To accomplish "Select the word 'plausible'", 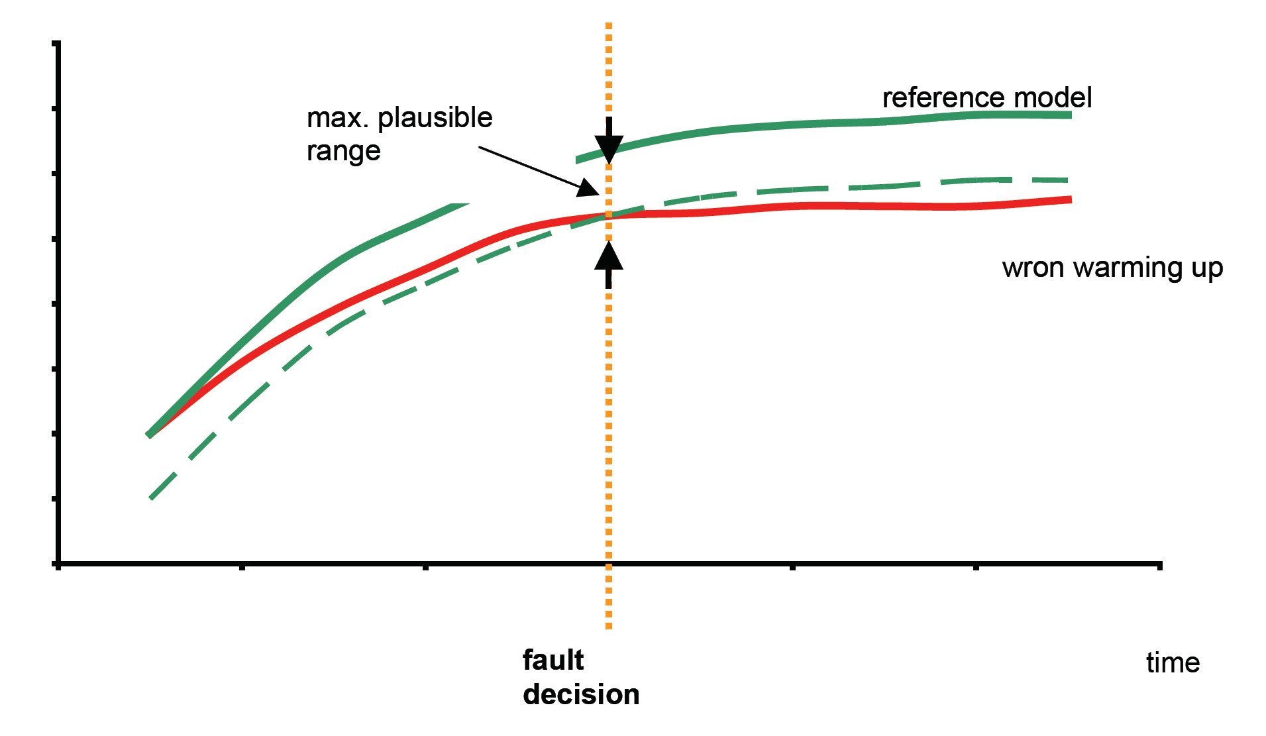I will (x=435, y=119).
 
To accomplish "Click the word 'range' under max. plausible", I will (x=343, y=151).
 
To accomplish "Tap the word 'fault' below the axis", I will (x=553, y=660).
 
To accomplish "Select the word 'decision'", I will (x=581, y=694).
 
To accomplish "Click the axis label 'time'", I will (x=1173, y=662).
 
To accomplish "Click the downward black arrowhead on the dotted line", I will (x=609, y=149).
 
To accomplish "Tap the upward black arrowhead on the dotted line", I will (x=609, y=255).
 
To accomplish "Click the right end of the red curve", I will (x=1070, y=199).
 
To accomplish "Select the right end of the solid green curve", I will (x=1070, y=115).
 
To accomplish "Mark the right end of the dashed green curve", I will (x=1066, y=180).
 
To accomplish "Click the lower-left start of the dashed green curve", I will (x=152, y=497).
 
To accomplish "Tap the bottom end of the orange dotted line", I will (x=609, y=626).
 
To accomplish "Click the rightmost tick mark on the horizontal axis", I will (x=1159, y=565).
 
